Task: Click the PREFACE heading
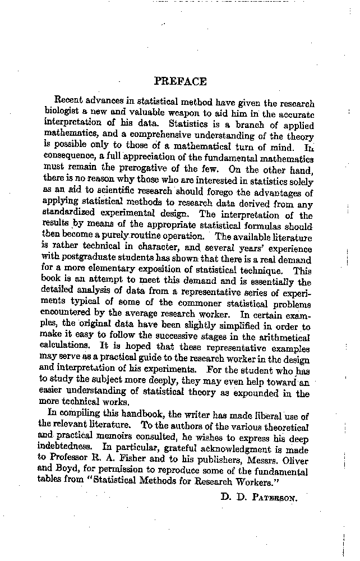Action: point(180,81)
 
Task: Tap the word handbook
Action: point(149,415)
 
